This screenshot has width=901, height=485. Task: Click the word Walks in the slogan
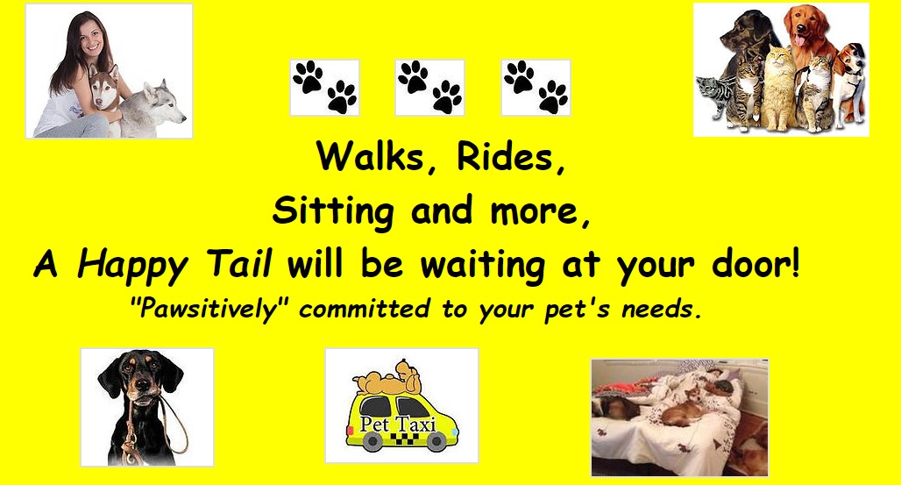(x=372, y=155)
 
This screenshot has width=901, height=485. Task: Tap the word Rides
(x=503, y=155)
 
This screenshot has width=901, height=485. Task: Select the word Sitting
(x=333, y=211)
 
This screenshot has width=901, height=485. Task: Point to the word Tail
(x=238, y=265)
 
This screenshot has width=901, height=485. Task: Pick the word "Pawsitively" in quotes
(x=214, y=310)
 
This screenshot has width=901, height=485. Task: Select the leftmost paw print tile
(x=324, y=88)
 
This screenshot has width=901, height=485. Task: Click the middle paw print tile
(x=429, y=88)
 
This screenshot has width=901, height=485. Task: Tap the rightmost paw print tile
(x=536, y=88)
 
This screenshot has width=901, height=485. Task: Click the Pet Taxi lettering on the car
(x=398, y=424)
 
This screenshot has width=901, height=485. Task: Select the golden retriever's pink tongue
(x=799, y=39)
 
